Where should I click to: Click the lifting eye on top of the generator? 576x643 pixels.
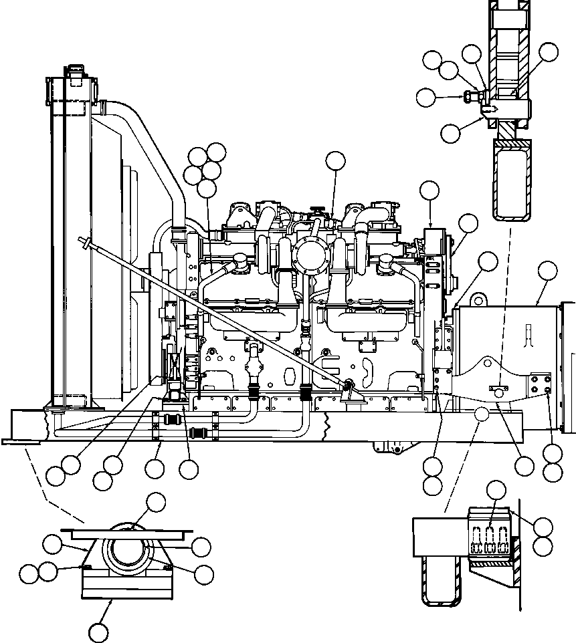[478, 297]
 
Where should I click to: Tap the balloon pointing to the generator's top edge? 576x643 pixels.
[547, 271]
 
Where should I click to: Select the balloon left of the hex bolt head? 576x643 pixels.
[425, 98]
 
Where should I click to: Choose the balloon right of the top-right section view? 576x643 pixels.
[549, 52]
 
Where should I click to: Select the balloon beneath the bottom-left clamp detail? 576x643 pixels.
[98, 631]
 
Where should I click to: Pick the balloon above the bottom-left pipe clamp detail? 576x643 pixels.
[156, 501]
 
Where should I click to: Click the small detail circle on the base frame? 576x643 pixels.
[482, 414]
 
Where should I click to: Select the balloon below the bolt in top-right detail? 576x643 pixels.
[451, 132]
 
